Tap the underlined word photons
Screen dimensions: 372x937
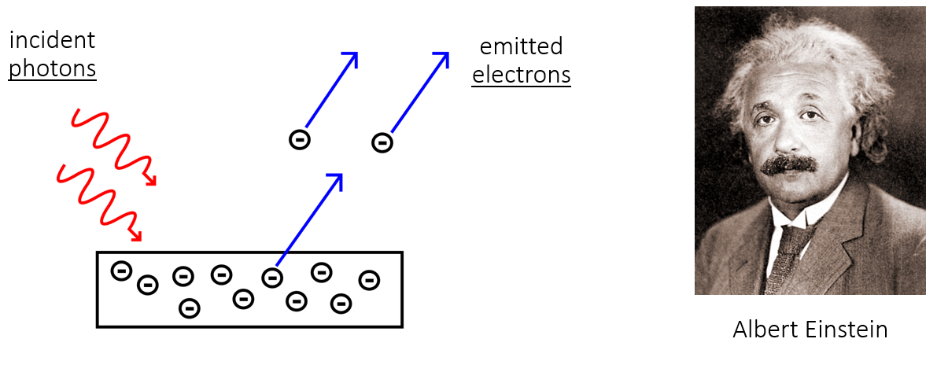click(52, 69)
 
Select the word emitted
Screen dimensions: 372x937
click(521, 46)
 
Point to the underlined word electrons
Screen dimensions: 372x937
click(521, 75)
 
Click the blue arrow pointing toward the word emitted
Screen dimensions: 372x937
click(419, 92)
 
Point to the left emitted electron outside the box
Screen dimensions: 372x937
click(299, 140)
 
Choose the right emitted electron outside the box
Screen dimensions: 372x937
click(382, 142)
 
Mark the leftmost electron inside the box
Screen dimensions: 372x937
click(120, 271)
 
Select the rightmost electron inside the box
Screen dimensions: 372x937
click(368, 279)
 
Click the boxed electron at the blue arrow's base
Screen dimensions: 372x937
click(271, 277)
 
